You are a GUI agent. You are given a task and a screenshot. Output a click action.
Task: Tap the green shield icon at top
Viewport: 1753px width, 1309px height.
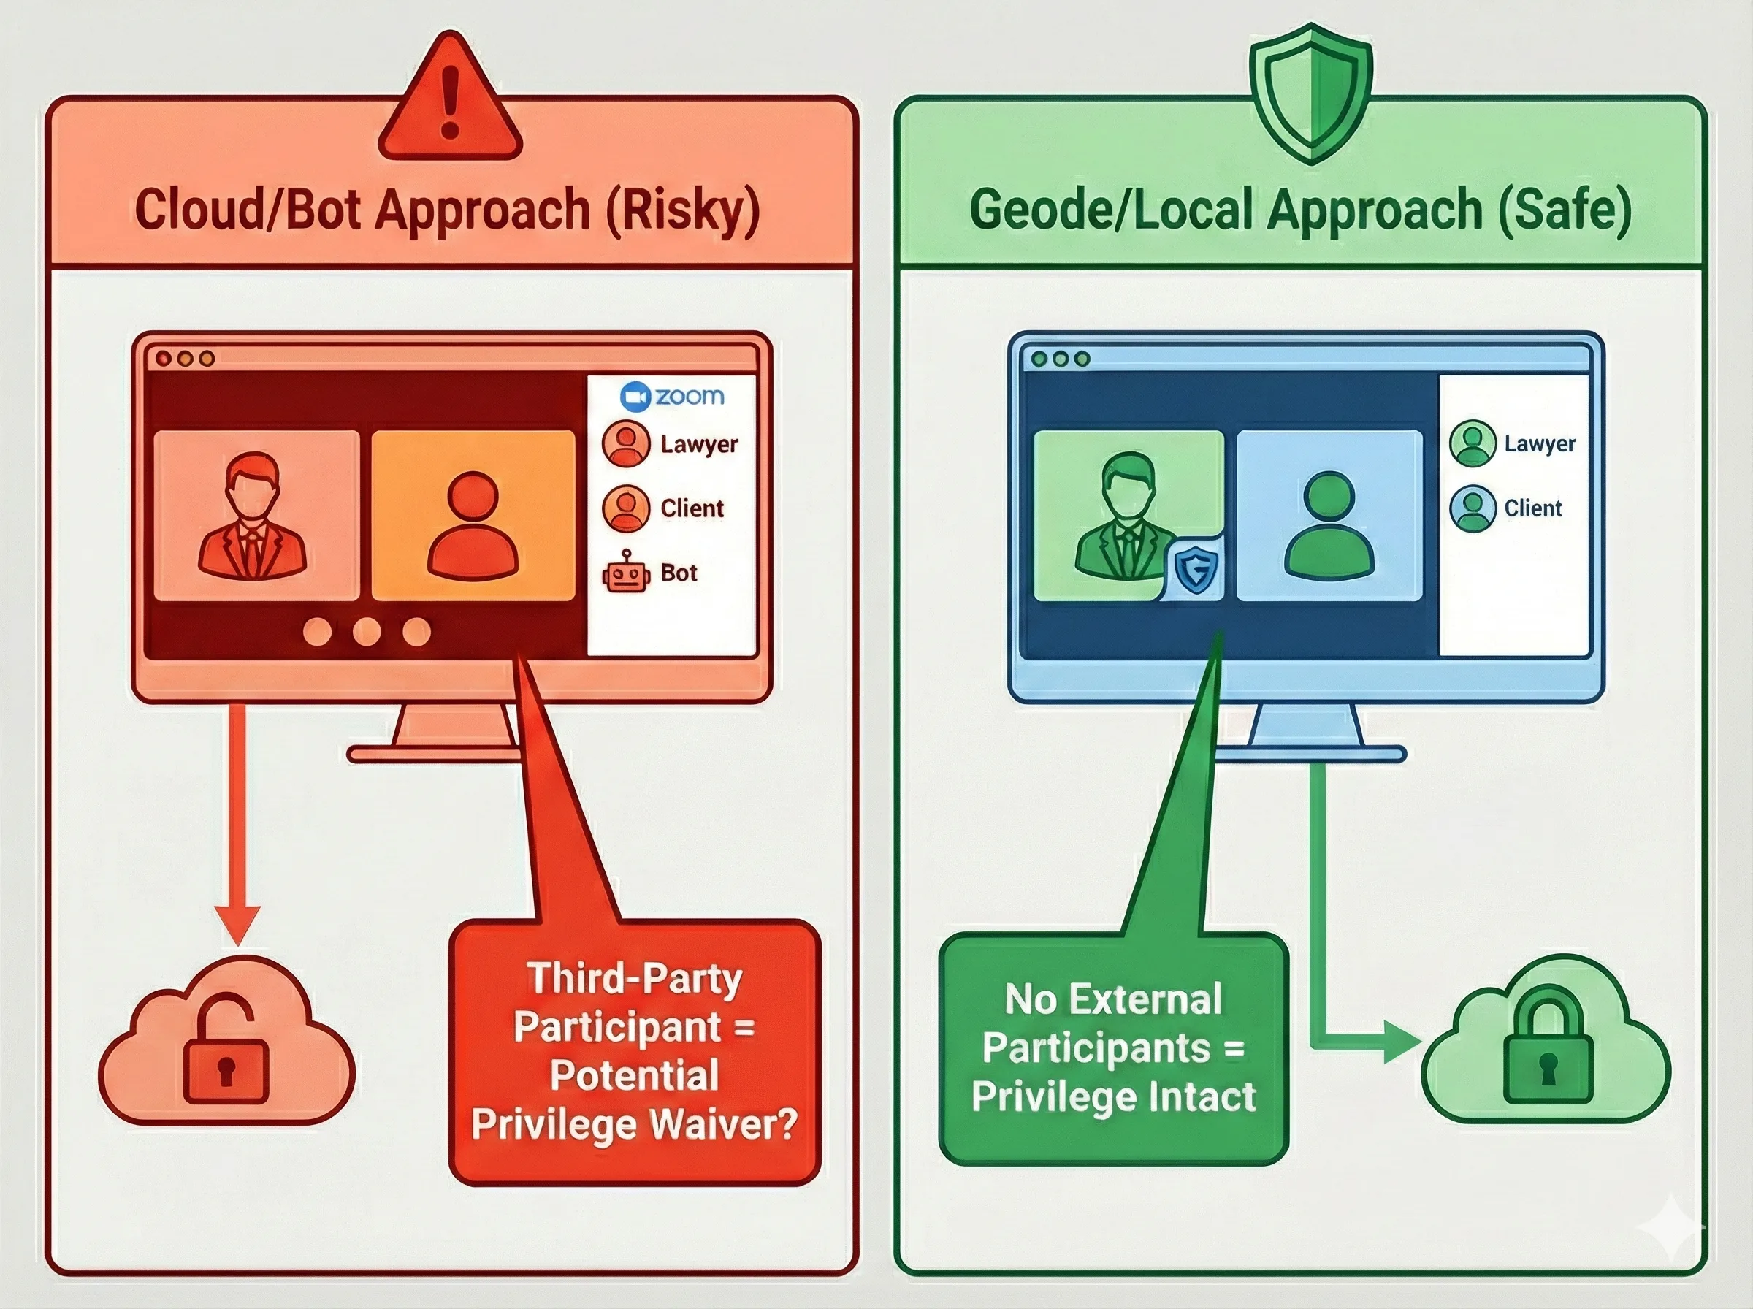(x=1310, y=91)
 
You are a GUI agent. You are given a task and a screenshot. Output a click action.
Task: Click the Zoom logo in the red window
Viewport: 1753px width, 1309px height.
(x=672, y=396)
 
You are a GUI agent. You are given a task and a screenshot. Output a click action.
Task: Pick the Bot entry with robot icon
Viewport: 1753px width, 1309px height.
(x=651, y=572)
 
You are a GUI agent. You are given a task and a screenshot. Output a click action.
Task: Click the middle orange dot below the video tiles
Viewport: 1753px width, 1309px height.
(x=367, y=632)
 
